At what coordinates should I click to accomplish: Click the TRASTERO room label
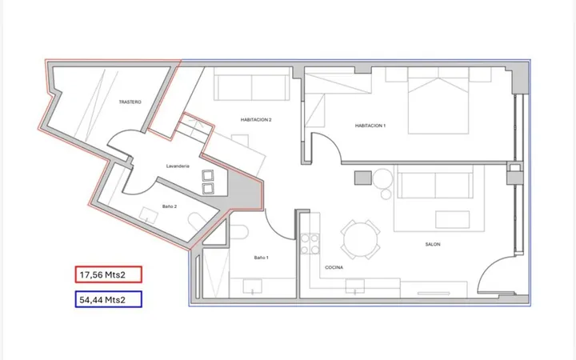coord(130,102)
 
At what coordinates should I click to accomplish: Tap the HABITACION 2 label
coord(256,120)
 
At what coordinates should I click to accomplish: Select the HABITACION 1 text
coord(370,126)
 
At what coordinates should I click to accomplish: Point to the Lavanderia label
coord(178,166)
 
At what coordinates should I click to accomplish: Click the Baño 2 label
coord(170,206)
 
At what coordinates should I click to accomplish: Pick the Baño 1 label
coord(261,258)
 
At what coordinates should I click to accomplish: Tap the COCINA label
coord(334,267)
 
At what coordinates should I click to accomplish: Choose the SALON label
coord(433,244)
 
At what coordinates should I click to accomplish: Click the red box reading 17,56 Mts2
coord(108,274)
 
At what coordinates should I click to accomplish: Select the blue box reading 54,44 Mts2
coord(108,299)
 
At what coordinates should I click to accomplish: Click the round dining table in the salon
coord(360,240)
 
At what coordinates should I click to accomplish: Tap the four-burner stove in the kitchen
coord(310,244)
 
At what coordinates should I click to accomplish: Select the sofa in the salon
coord(435,182)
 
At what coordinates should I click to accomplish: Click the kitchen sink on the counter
coord(355,286)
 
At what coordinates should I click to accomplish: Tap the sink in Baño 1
coord(252,286)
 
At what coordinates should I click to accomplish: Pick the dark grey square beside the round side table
coord(363,178)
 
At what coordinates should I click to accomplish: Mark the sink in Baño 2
coord(149,215)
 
